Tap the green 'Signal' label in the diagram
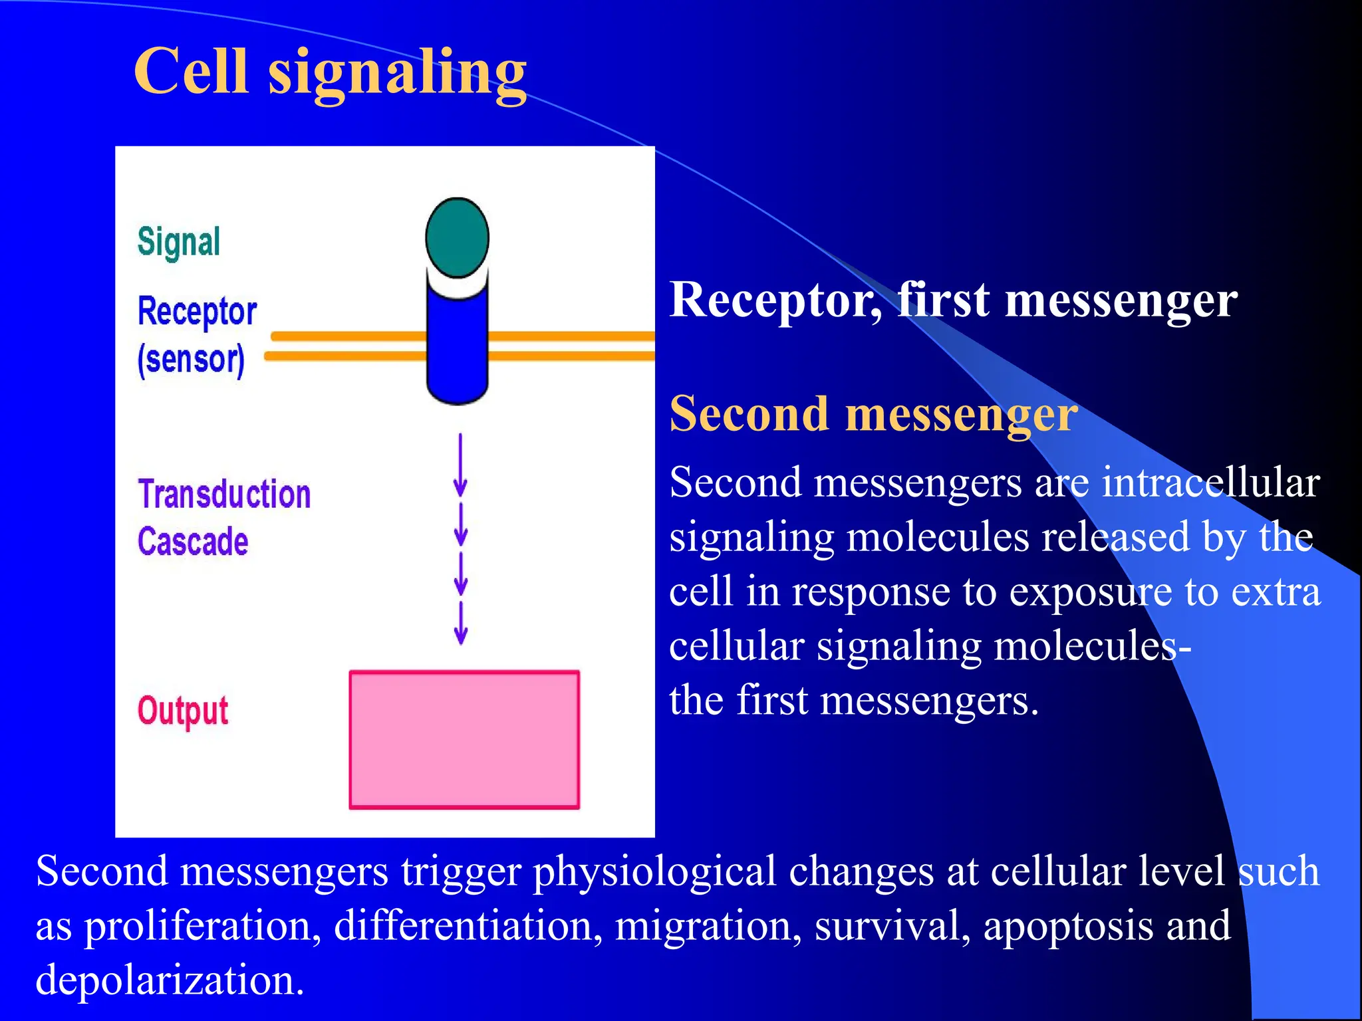(178, 242)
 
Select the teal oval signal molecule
(457, 237)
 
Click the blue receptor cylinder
(457, 346)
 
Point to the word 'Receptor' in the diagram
(197, 311)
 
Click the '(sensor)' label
(191, 360)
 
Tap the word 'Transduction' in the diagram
(224, 495)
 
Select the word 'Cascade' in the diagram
(193, 541)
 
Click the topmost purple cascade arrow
(460, 465)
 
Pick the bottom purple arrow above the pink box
(460, 623)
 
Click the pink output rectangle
(464, 739)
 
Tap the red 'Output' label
(183, 711)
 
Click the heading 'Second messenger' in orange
(873, 414)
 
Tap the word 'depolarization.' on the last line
(170, 980)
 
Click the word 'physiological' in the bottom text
(655, 871)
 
